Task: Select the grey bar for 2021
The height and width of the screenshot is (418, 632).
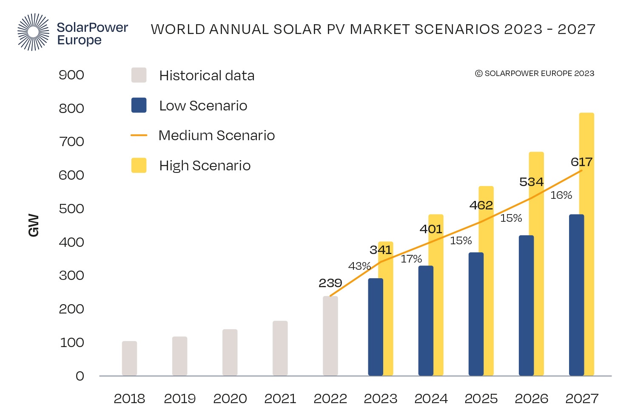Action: coord(280,348)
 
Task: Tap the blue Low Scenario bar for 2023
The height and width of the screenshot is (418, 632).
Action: coord(375,327)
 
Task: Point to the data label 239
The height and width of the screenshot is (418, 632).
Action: coord(330,283)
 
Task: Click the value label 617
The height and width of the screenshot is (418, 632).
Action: coord(581,162)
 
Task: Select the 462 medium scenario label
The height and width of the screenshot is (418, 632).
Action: coord(481,205)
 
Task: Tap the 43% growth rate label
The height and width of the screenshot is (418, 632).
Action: coord(359,266)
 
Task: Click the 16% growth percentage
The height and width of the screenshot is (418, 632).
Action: coord(561,195)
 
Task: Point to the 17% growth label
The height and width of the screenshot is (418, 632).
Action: coord(411,259)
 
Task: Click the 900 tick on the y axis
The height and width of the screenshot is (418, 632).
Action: coord(71,75)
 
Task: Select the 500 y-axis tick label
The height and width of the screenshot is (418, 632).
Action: coord(71,209)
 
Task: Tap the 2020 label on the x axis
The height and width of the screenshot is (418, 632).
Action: coord(230,398)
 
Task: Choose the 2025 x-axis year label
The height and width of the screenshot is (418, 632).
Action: coord(481,398)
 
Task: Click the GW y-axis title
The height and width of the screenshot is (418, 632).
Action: coord(34,225)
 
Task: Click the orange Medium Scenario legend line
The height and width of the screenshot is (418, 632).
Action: coord(139,136)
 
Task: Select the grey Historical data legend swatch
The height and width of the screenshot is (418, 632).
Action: coord(139,75)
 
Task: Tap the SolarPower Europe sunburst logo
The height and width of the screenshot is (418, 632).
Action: coord(33,32)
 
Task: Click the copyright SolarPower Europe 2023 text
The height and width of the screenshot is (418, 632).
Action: coord(534,73)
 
